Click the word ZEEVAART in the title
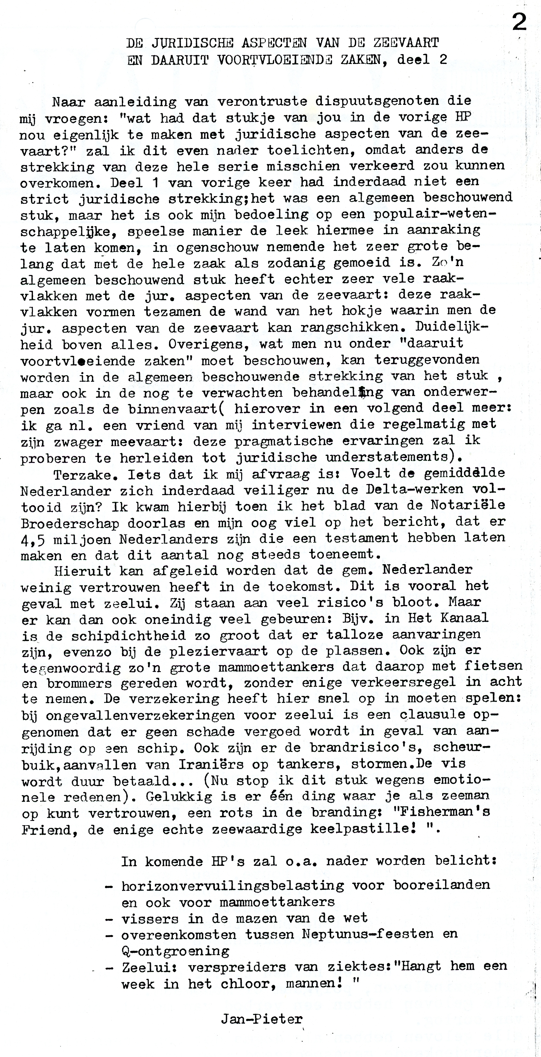tap(406, 43)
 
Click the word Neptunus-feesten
tap(367, 934)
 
